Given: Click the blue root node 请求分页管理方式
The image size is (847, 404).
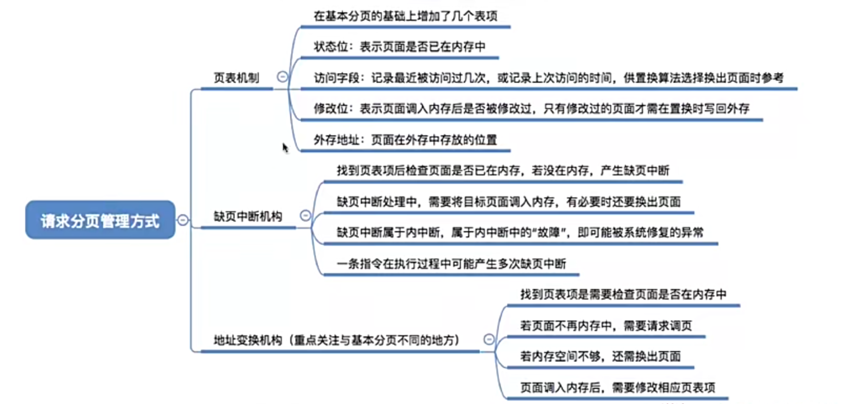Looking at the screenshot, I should point(100,220).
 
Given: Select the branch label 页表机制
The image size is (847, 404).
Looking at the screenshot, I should point(236,78).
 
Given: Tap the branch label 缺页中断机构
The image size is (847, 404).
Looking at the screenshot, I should point(248,216).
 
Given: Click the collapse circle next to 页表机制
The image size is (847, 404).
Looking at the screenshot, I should point(282,77).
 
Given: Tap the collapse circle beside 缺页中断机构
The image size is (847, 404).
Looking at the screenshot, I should point(306,215).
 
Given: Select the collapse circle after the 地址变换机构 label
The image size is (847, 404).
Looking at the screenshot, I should point(489,339).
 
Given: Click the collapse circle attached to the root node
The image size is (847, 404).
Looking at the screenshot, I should point(183,220).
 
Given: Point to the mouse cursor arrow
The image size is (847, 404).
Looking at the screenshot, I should point(285,147).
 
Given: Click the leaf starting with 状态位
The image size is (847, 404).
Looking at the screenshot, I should point(400,47).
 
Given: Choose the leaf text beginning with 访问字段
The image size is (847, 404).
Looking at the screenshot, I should point(548,78).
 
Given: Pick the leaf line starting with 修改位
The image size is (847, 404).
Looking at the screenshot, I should point(531,108).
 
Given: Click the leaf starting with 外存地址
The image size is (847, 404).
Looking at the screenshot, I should point(405,140).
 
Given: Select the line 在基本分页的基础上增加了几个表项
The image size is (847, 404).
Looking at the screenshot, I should point(405,16).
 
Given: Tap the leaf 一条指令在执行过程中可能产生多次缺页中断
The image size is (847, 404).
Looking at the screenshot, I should point(451,264).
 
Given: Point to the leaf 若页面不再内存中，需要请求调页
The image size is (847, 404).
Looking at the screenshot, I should point(606,325).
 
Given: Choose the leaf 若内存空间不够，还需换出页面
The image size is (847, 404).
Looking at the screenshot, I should point(600,356).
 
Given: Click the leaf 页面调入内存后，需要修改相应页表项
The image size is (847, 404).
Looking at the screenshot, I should point(617,387).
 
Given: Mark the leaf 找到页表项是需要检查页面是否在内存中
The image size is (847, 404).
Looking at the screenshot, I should point(623,294).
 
